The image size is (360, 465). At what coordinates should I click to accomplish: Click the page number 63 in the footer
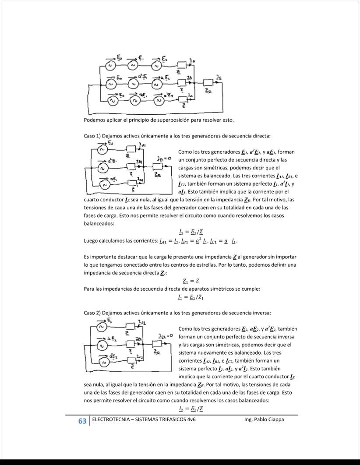pos(82,421)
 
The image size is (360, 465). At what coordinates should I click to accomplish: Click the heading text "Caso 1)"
pos(92,136)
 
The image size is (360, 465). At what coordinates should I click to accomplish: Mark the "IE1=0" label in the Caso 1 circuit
pos(163,158)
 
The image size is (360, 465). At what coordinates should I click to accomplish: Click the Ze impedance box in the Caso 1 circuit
pos(157,167)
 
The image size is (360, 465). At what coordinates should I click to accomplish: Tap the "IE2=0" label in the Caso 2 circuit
pos(165,336)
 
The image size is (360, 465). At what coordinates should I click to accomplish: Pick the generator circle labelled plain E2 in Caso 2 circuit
pos(102,327)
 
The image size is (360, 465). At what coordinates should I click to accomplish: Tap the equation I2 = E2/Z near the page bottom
pos(191,409)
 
